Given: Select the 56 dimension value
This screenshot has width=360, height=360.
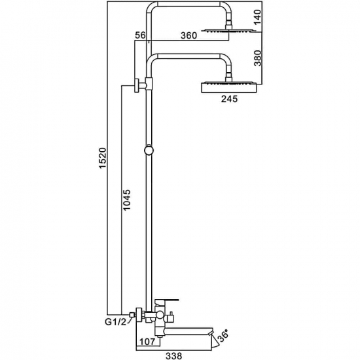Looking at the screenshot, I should (x=139, y=36).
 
